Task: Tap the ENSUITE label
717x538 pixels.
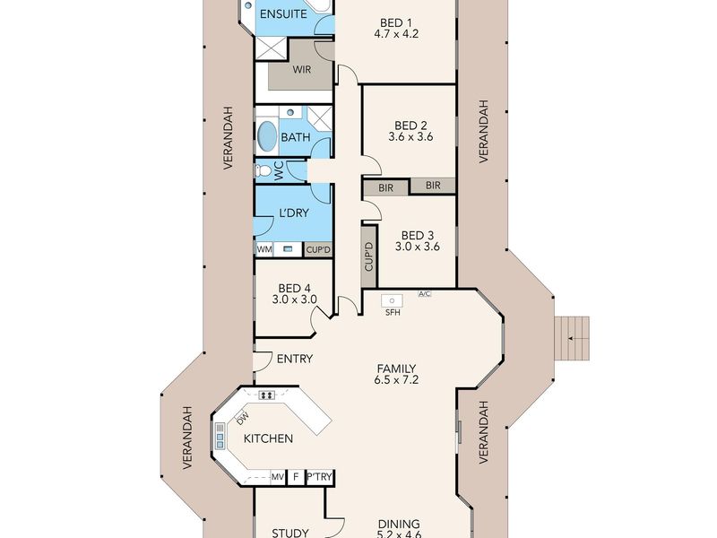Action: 283,14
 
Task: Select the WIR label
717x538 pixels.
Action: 301,70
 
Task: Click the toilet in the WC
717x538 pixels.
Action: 263,171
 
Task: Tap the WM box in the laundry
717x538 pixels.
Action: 264,250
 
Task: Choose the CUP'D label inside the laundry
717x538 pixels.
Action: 318,250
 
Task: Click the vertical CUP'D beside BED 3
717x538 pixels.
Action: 369,256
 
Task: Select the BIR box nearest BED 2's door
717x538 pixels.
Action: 385,187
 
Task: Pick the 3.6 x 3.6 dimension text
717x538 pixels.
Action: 410,136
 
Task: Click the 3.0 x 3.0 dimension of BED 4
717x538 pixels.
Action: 295,299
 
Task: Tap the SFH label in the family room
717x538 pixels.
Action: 393,312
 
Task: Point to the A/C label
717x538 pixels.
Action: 424,294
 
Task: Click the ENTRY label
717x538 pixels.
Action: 295,360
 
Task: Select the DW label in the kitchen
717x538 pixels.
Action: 243,417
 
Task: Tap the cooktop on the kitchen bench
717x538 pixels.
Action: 266,395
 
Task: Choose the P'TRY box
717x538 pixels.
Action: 320,477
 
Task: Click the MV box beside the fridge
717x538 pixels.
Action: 278,477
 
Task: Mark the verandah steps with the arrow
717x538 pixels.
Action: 572,338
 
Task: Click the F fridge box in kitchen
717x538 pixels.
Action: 296,477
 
